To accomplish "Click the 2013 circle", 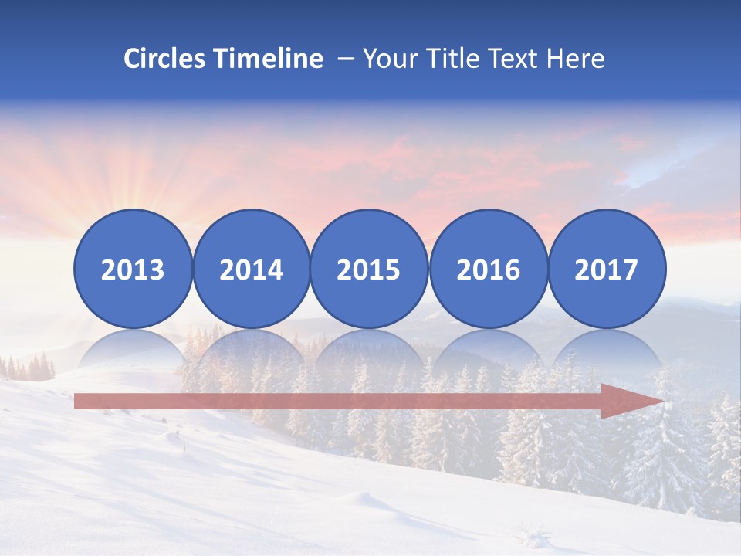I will click(x=133, y=268).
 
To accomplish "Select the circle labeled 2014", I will click(x=251, y=268).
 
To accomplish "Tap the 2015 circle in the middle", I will click(x=369, y=268).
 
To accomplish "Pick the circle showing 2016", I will click(x=488, y=268).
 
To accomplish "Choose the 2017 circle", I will click(x=606, y=268).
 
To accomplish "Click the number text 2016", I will click(x=488, y=270).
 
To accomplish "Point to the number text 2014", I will click(x=251, y=270).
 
